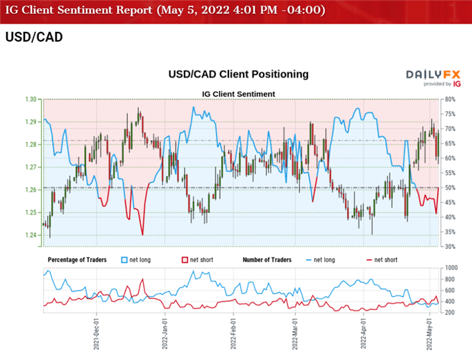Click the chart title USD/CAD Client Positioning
(x=238, y=74)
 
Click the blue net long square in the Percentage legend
(x=125, y=259)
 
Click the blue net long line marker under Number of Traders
(x=309, y=259)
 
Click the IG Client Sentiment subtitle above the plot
(x=238, y=94)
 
